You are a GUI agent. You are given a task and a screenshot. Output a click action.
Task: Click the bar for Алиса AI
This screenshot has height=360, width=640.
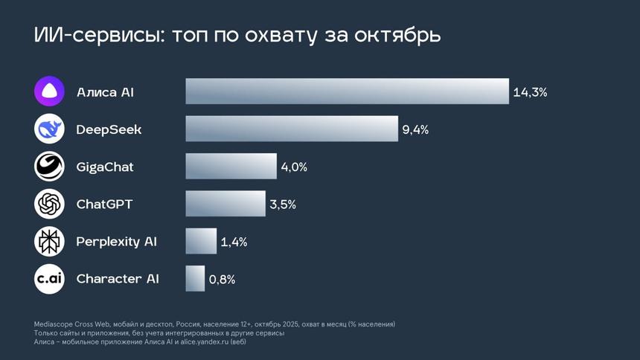pyautogui.click(x=347, y=91)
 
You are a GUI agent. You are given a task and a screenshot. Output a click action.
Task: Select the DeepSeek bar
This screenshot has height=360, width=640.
pyautogui.click(x=292, y=129)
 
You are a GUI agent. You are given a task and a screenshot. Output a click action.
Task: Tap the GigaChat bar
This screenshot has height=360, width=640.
pyautogui.click(x=231, y=166)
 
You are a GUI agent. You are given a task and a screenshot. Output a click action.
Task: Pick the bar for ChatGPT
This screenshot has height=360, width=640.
pyautogui.click(x=225, y=203)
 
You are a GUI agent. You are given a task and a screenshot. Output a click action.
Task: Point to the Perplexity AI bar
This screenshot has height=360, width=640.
pyautogui.click(x=201, y=241)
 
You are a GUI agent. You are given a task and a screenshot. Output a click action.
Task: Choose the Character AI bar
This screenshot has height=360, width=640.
pyautogui.click(x=195, y=278)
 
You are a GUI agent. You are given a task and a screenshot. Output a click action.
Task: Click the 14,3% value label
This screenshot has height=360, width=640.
pyautogui.click(x=530, y=92)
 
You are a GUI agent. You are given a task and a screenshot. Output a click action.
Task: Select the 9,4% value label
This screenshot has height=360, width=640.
pyautogui.click(x=415, y=129)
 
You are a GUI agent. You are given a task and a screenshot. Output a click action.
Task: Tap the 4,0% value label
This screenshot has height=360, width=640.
pyautogui.click(x=294, y=167)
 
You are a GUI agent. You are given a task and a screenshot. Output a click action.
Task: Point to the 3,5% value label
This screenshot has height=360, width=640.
pyautogui.click(x=283, y=204)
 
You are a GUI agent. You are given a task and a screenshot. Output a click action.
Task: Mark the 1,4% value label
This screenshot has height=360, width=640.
pyautogui.click(x=234, y=242)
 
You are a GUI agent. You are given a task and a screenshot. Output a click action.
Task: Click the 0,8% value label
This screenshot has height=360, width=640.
pyautogui.click(x=222, y=279)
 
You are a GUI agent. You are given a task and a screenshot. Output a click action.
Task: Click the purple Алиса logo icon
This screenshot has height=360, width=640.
pyautogui.click(x=49, y=91)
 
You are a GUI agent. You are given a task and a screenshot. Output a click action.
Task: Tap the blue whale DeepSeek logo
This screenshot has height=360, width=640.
pyautogui.click(x=49, y=129)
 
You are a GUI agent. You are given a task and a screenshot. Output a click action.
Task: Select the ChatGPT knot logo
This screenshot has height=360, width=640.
pyautogui.click(x=49, y=203)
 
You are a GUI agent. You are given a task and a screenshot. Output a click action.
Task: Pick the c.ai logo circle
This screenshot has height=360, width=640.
pyautogui.click(x=49, y=278)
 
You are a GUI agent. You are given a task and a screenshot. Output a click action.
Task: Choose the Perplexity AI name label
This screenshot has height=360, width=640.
pyautogui.click(x=117, y=241)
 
